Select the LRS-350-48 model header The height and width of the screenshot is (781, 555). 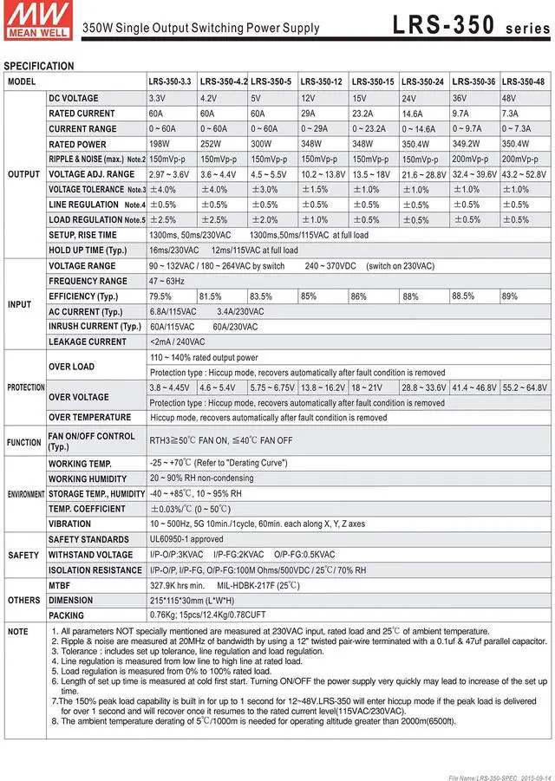(x=523, y=81)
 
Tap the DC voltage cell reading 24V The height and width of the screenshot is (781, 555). (x=409, y=99)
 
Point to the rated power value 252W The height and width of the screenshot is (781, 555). (x=212, y=144)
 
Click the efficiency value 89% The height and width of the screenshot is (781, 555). (x=510, y=296)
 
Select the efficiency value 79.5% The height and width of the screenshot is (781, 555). (x=160, y=296)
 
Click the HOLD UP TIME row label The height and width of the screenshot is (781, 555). (x=88, y=250)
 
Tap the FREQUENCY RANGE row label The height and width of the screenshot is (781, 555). (x=88, y=282)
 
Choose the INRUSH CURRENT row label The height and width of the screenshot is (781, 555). (x=95, y=327)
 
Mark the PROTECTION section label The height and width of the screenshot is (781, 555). (x=25, y=387)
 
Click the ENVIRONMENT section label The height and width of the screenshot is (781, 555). (x=26, y=494)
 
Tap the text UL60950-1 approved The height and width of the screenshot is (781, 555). (x=186, y=539)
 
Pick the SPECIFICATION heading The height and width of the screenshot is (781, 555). (x=39, y=66)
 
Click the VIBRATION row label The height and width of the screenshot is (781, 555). (x=69, y=524)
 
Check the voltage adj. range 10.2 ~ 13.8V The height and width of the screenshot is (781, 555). (x=323, y=174)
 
